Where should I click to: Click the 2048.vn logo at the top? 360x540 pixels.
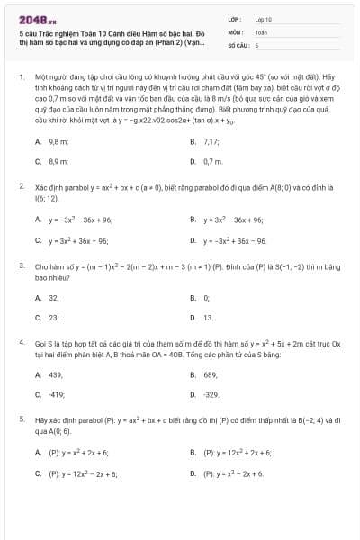tap(35, 19)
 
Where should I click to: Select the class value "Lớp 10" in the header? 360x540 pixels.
tap(263, 19)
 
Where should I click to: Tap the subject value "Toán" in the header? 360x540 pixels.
tap(261, 31)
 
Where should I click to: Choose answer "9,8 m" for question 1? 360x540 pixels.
tap(58, 142)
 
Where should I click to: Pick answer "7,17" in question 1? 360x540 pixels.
tap(211, 142)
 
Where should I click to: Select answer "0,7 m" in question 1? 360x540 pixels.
tap(213, 161)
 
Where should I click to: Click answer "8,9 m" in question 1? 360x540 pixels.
tap(58, 161)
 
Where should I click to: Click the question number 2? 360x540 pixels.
tap(21, 185)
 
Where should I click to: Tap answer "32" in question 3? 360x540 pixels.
tap(54, 297)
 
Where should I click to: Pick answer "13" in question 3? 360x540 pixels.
tap(209, 318)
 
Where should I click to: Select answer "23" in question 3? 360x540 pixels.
tap(54, 318)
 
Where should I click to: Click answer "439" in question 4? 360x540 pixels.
tap(56, 374)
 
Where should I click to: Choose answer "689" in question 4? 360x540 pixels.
tap(211, 374)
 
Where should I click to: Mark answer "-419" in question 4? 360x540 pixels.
tap(57, 394)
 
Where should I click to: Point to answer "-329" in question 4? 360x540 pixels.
tap(211, 394)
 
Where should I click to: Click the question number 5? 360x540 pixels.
tap(21, 419)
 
